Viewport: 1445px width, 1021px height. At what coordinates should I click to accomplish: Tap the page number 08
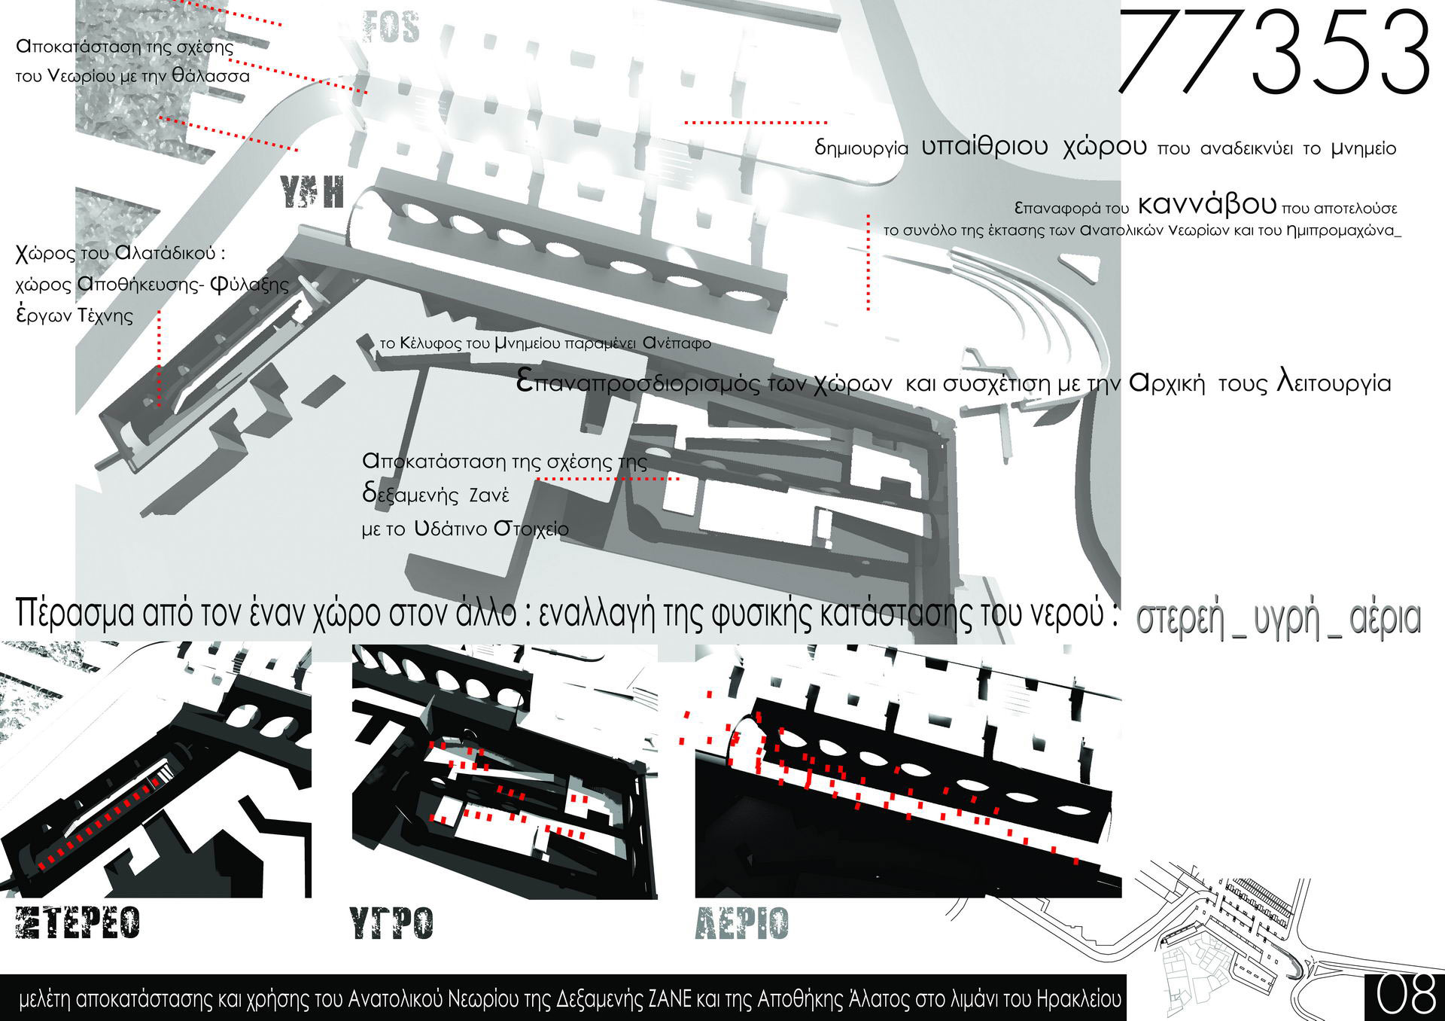(x=1406, y=996)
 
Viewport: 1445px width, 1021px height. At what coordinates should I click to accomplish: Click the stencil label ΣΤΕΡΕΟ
(x=78, y=923)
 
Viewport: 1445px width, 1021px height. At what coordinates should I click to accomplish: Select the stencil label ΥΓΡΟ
(x=391, y=923)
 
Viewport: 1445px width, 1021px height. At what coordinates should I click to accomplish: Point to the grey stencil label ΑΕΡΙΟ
(x=742, y=923)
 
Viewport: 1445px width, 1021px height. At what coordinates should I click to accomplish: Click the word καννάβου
(x=1207, y=204)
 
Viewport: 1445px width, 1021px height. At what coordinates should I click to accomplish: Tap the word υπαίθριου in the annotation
(x=984, y=146)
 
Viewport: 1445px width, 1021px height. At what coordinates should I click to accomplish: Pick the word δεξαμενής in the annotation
(x=411, y=495)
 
